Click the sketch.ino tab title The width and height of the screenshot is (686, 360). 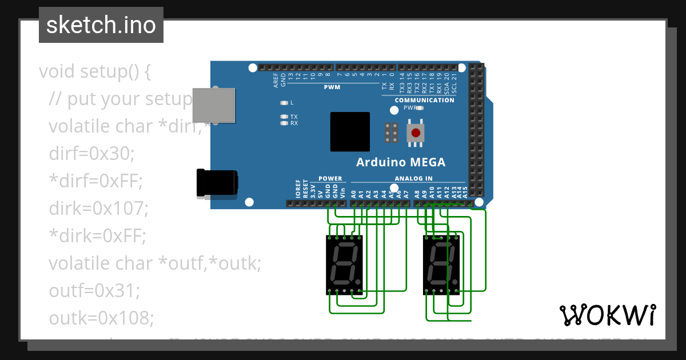tap(101, 25)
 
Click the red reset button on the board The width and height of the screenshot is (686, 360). tap(416, 133)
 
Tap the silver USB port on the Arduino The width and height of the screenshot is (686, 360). tap(213, 105)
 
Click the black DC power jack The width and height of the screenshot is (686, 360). tap(217, 183)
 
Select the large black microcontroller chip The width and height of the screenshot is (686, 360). tap(350, 131)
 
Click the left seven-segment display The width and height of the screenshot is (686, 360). tap(344, 265)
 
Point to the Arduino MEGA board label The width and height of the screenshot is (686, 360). tap(401, 162)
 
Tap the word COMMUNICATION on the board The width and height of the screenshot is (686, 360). tap(424, 100)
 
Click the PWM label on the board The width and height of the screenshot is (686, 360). tap(332, 87)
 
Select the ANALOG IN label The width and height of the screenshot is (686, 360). tap(413, 178)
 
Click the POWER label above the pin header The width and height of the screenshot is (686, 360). tap(330, 178)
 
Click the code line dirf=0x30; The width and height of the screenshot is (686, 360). tap(91, 154)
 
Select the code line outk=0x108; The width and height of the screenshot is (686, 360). tap(101, 318)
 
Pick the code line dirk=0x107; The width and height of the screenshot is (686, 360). tap(98, 209)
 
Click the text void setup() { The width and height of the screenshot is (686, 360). tap(95, 71)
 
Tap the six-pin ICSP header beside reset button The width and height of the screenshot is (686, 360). tap(392, 133)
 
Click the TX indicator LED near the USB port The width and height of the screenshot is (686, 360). tap(284, 117)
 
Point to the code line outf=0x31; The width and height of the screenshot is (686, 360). tap(94, 291)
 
